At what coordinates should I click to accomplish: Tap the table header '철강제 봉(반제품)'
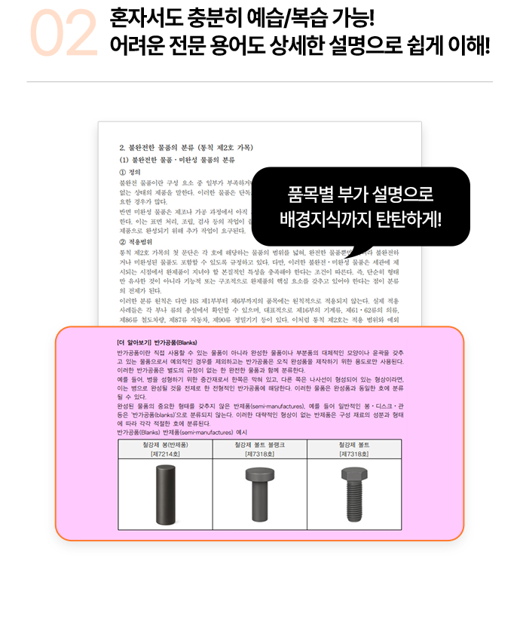click(x=165, y=445)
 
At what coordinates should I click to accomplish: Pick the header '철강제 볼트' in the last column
click(x=354, y=445)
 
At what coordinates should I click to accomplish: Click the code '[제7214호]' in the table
click(x=165, y=454)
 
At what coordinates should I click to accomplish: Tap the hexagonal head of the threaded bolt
click(x=353, y=474)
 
